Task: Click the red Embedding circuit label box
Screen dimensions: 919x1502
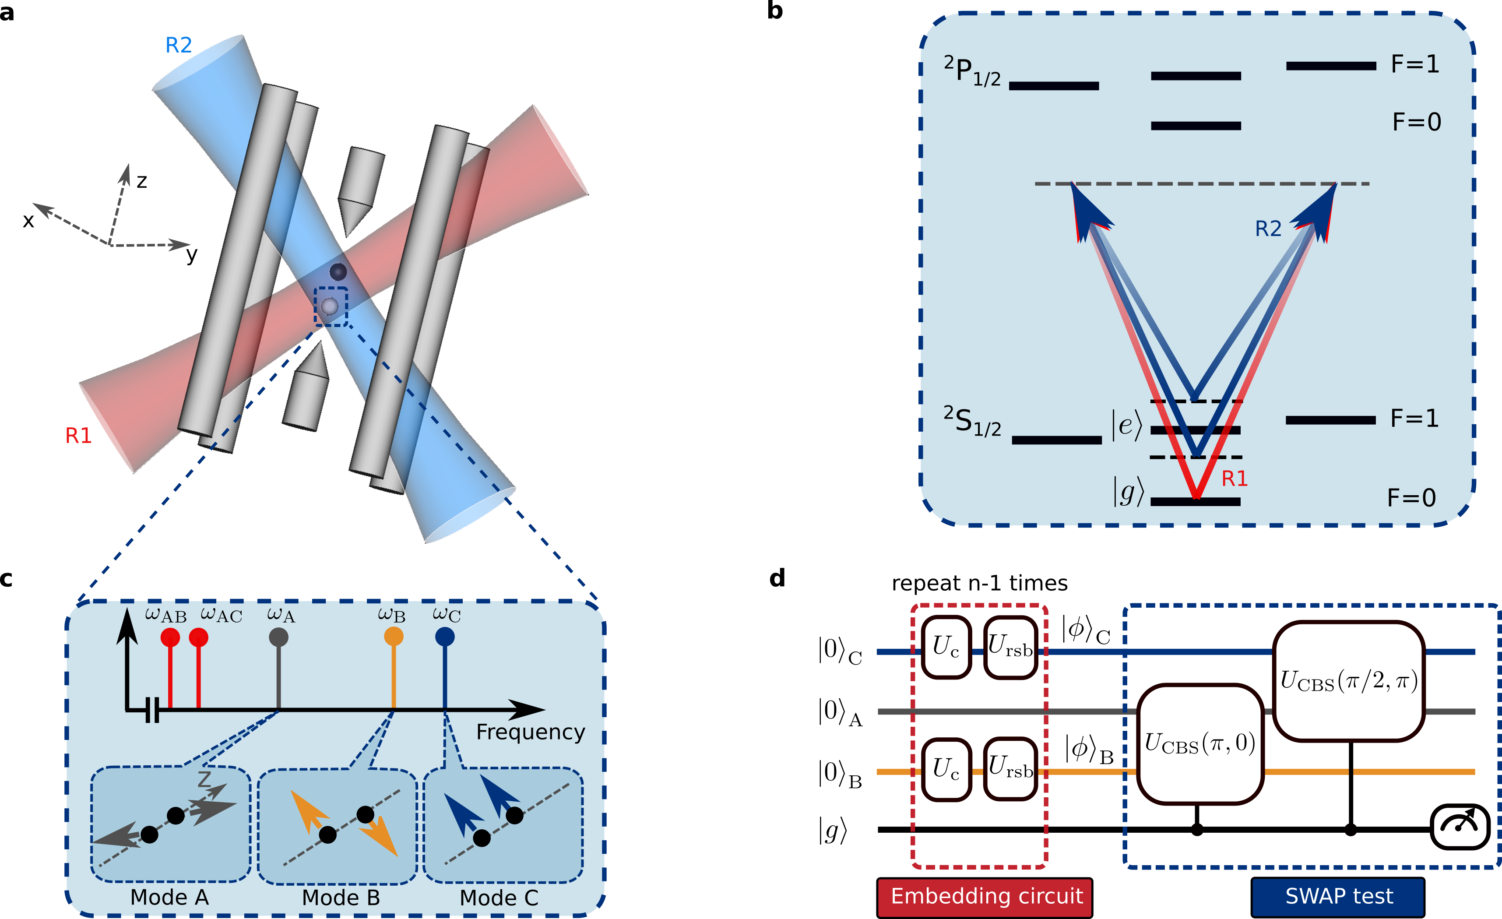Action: click(x=985, y=896)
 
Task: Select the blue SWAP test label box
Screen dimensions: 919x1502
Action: click(x=1338, y=896)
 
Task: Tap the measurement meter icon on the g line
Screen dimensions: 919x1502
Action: click(x=1460, y=827)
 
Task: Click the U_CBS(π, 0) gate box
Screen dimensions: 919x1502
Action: click(x=1199, y=744)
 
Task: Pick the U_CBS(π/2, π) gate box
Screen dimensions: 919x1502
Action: click(x=1348, y=680)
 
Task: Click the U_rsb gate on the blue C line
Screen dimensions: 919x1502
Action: click(x=1010, y=648)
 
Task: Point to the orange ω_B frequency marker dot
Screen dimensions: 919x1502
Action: click(x=393, y=637)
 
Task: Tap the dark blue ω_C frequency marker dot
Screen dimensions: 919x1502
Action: click(x=445, y=637)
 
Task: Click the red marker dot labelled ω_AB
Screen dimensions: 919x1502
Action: click(x=170, y=638)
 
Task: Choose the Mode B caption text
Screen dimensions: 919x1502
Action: click(x=341, y=898)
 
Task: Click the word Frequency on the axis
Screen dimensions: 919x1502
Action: click(x=530, y=732)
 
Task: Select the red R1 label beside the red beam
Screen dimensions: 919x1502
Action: click(x=79, y=435)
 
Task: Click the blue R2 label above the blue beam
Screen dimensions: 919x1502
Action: click(x=179, y=45)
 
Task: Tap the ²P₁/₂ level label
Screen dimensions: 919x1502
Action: click(x=972, y=72)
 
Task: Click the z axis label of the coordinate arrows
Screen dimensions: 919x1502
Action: click(x=141, y=181)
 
